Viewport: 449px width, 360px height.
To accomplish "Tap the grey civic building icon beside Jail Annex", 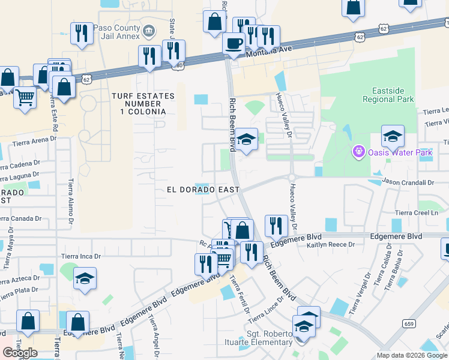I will (149, 29).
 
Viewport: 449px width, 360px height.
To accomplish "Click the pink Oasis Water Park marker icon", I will (358, 152).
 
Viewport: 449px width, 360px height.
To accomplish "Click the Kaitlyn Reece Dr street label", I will (331, 245).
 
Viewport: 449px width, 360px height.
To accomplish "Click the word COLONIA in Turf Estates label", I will (143, 112).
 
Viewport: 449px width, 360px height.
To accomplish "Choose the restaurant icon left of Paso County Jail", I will (81, 33).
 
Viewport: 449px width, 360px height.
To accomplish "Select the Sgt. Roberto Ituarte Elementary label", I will (270, 338).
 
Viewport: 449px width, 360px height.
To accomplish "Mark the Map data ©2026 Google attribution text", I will (411, 355).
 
